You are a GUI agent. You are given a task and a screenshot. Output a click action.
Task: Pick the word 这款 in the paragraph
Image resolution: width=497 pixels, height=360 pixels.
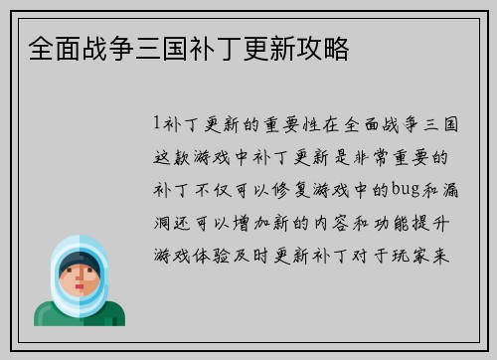click(x=171, y=156)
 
